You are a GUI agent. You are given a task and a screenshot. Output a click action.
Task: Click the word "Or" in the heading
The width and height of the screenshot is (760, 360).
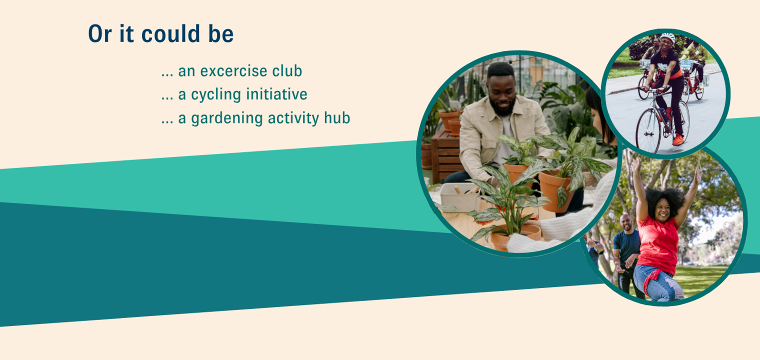[x=100, y=33]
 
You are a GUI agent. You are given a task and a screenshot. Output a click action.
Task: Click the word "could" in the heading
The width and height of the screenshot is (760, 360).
[x=170, y=33]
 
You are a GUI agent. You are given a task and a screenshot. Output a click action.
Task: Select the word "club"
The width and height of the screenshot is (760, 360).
[x=287, y=70]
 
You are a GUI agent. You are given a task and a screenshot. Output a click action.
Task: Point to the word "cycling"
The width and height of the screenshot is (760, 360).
[x=216, y=94]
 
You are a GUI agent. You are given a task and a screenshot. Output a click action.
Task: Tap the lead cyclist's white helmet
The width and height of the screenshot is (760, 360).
[x=667, y=37]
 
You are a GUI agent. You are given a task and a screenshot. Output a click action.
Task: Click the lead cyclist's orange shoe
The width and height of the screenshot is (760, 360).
[x=678, y=139]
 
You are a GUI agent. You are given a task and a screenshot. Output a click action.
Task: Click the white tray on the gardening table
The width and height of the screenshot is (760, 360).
[x=459, y=196]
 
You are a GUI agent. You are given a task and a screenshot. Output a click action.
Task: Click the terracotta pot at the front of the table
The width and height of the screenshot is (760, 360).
[x=515, y=237]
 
